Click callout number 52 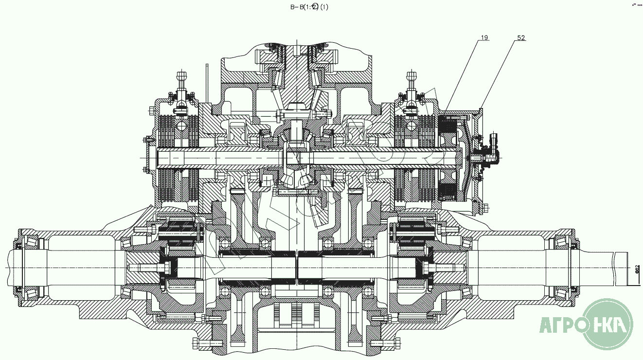pos(521,37)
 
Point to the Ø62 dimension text pos(637,270)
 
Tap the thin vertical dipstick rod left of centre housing pos(206,83)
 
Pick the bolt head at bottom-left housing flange pos(196,344)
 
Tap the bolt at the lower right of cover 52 pos(484,209)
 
